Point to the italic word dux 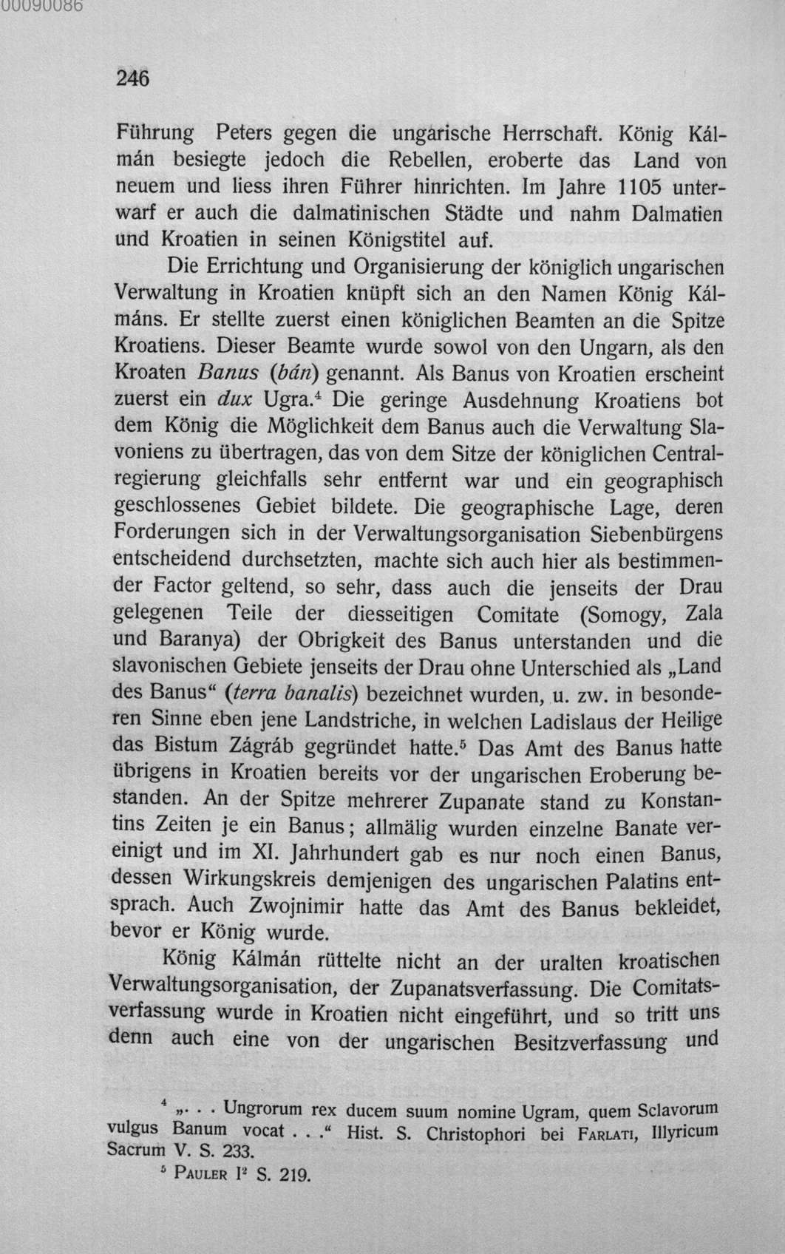pos(236,399)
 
